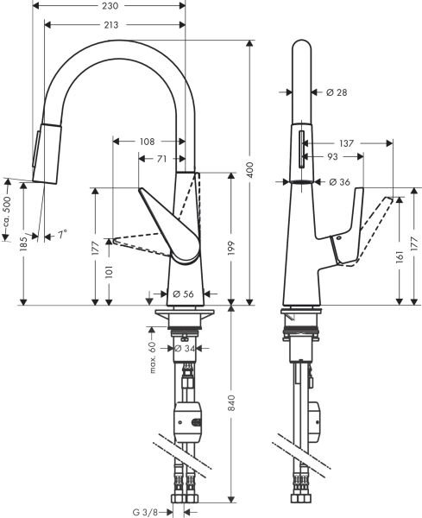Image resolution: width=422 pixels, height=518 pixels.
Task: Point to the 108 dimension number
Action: tap(147, 141)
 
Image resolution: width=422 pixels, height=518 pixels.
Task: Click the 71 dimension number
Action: tap(161, 159)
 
